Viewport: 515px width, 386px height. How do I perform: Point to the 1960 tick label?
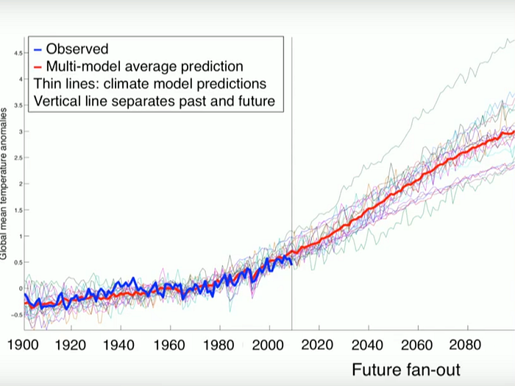pos(171,345)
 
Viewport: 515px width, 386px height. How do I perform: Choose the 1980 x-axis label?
pos(221,345)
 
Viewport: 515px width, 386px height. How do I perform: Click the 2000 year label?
pos(270,345)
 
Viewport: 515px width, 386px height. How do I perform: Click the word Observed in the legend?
pos(77,49)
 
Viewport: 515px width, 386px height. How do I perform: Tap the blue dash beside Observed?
pos(38,50)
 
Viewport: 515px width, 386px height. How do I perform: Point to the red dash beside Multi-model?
pos(38,67)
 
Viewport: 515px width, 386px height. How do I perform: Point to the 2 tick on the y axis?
pos(20,184)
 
